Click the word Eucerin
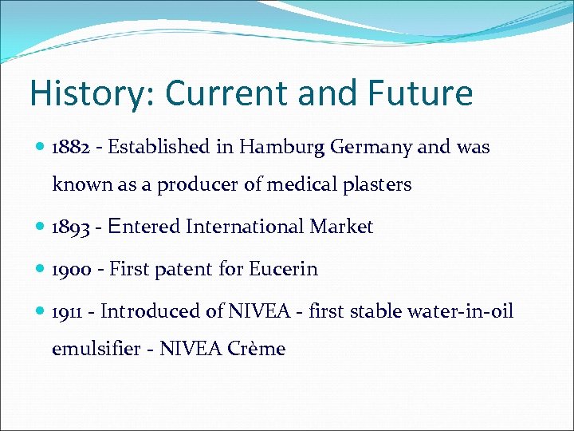pos(283,270)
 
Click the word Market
pos(341,227)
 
